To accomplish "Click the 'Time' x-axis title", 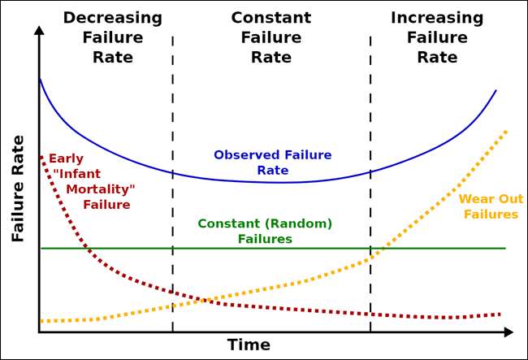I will click(x=249, y=345).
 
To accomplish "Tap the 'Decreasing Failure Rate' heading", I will click(x=112, y=37).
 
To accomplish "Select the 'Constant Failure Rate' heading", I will click(x=271, y=37).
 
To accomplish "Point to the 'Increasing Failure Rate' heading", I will click(x=437, y=37).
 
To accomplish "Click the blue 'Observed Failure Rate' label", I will click(x=272, y=163).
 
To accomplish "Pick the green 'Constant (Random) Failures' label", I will click(x=265, y=231).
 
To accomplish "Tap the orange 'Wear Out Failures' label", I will click(x=491, y=206).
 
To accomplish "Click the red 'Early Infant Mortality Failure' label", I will click(x=92, y=181).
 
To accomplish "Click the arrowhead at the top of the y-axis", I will click(x=39, y=32).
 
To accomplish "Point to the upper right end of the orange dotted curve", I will click(x=506, y=131).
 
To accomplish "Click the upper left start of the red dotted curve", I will click(x=41, y=156).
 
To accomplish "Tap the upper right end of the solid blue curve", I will click(x=496, y=90).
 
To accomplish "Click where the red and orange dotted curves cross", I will click(x=198, y=301).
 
